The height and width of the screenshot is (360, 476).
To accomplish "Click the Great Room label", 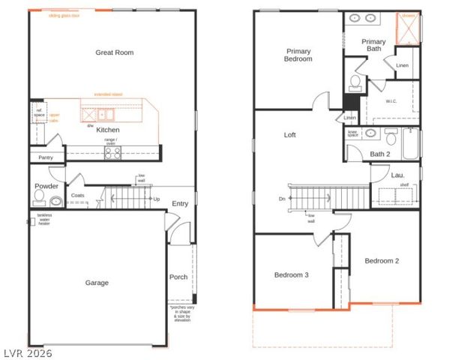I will [114, 52].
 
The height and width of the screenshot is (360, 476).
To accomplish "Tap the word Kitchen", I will [108, 129].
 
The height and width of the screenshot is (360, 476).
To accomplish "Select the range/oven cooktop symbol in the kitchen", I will [112, 152].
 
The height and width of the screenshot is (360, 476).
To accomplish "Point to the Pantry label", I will [46, 157].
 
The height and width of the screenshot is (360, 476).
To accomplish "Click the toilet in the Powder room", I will [40, 196].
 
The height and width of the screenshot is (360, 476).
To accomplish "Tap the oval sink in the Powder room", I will [56, 200].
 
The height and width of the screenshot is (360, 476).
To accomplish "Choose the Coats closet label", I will [78, 196].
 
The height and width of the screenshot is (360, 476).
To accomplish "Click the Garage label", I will [97, 283].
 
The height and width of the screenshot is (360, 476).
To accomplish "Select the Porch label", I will [178, 277].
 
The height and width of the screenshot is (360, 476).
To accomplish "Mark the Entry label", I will [180, 203].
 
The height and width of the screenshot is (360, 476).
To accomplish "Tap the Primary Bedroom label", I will [298, 55].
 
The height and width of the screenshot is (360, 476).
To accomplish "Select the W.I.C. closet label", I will [391, 101].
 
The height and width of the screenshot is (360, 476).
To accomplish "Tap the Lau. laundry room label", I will [397, 175].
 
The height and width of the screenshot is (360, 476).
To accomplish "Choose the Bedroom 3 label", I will [292, 275].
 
